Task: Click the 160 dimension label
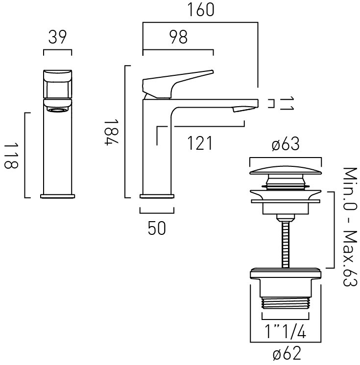pos(201,10)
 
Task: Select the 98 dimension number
pos(178,37)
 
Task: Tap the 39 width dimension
pos(57,37)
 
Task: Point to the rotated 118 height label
pos(11,156)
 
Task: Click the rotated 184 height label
pos(111,132)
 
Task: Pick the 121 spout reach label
pos(200,143)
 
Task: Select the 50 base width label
pos(157,228)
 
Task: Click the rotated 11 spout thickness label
pos(287,103)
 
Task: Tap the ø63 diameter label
pos(286,144)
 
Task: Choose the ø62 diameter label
pos(287,353)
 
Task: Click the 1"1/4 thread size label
pos(285,331)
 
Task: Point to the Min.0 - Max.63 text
pos(350,227)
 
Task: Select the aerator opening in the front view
pos(57,110)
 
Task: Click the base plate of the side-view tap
pos(157,196)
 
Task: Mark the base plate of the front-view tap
pos(58,196)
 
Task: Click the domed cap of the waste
pos(286,170)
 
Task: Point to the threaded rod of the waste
pos(286,244)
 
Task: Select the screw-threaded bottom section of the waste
pos(286,303)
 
